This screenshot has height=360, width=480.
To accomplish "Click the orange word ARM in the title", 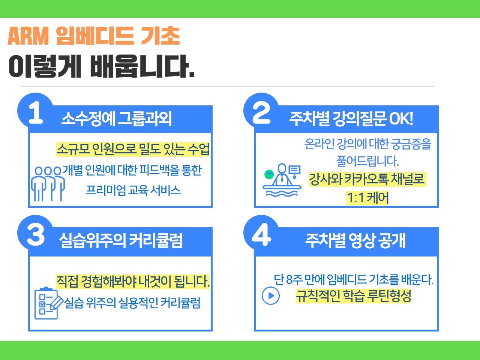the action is pos(28,36).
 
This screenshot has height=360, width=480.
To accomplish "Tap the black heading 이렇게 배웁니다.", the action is pos(102,66).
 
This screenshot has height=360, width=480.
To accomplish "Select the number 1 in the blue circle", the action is pos(35,113).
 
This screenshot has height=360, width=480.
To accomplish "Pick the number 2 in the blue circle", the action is pos(261,113).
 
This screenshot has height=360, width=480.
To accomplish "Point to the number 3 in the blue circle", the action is pos(36,235).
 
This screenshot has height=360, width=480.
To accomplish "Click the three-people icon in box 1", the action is pos(48,184).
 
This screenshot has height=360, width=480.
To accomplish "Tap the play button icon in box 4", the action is pos(271,295).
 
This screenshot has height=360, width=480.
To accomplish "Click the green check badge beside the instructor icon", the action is pos(269,174).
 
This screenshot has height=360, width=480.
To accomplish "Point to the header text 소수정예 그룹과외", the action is pos(117,119).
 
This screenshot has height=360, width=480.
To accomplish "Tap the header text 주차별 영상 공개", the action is pos(355,240).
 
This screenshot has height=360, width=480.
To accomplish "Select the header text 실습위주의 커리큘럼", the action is pos(120,240).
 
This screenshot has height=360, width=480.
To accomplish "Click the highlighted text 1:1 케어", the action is pos(367,198).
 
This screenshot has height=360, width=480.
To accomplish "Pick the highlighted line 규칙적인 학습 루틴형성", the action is pos(353,296).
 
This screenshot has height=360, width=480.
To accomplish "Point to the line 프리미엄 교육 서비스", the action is pos(133,190).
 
